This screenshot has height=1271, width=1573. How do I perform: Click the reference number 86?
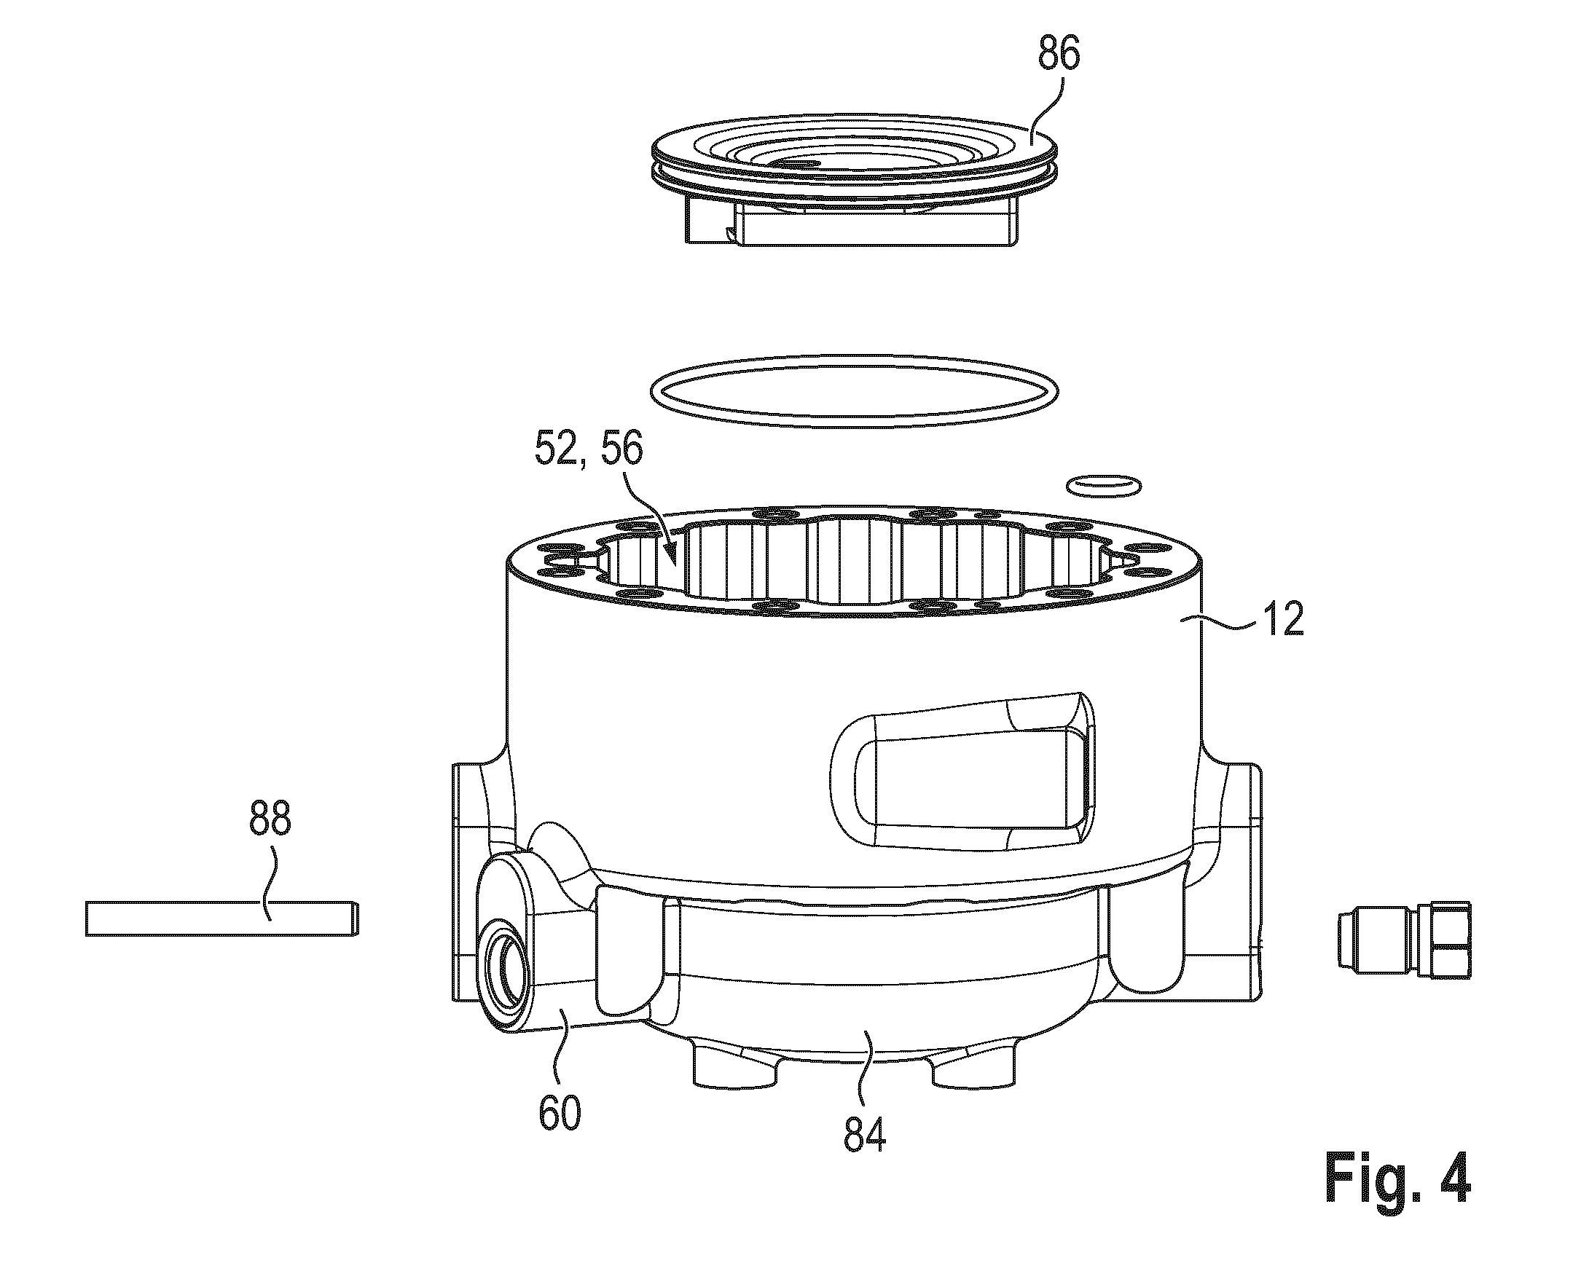(1059, 55)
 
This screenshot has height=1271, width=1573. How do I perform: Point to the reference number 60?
(560, 1113)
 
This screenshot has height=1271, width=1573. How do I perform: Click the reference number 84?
(865, 1135)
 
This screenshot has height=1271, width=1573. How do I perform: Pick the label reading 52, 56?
(589, 450)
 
